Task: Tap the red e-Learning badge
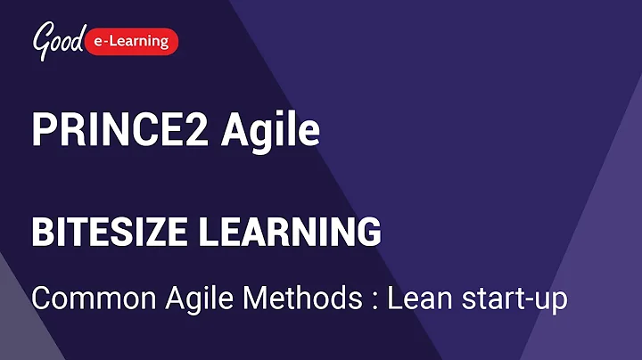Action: (x=135, y=40)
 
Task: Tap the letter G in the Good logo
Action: (x=41, y=37)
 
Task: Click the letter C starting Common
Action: (x=41, y=299)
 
